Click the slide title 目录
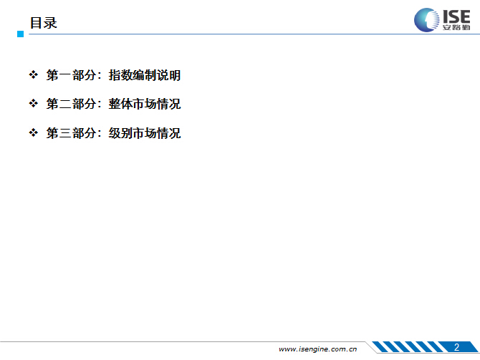pyautogui.click(x=43, y=23)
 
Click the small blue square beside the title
pyautogui.click(x=21, y=34)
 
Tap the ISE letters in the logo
pyautogui.click(x=456, y=16)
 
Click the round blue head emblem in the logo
pyautogui.click(x=426, y=20)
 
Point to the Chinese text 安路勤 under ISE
pyautogui.click(x=456, y=27)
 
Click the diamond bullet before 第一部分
pyautogui.click(x=34, y=74)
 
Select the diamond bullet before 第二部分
pyautogui.click(x=34, y=103)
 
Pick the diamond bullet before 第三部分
pyautogui.click(x=34, y=132)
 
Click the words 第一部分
pyautogui.click(x=72, y=75)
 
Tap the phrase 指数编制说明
pyautogui.click(x=145, y=75)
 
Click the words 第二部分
pyautogui.click(x=72, y=104)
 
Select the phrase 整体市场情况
pyautogui.click(x=145, y=104)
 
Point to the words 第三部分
pyautogui.click(x=72, y=133)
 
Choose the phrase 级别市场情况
pyautogui.click(x=145, y=133)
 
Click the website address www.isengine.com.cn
pyautogui.click(x=318, y=349)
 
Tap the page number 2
pyautogui.click(x=456, y=347)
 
